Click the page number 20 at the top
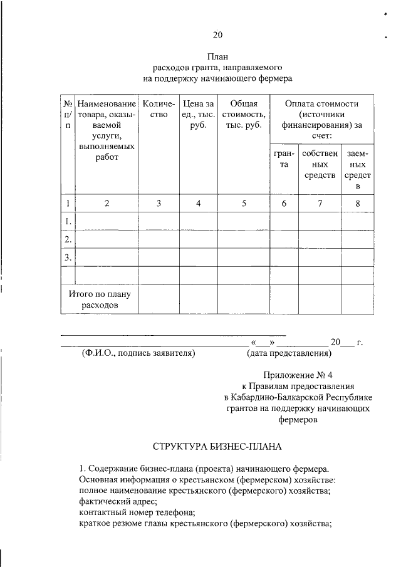217,34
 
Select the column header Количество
159,109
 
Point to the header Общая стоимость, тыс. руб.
244,115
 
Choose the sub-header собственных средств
320,164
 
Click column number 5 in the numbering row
244,203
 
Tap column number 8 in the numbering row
358,203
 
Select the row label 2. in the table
68,239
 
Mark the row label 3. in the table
68,257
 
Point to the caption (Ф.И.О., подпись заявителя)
138,353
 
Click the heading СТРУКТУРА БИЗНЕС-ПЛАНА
217,447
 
